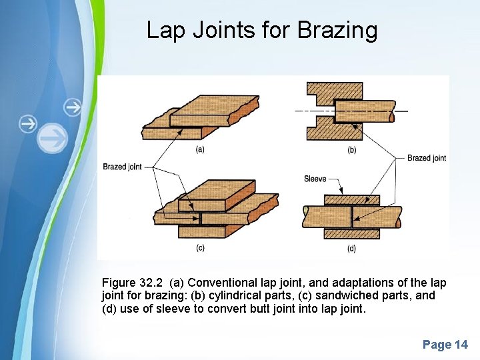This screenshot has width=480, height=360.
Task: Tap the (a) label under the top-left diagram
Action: [x=200, y=149]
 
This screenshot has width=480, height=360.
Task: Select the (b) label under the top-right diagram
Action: [x=352, y=150]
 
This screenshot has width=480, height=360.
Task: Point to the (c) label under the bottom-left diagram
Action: [x=200, y=248]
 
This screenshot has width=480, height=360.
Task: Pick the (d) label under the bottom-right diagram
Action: [x=352, y=249]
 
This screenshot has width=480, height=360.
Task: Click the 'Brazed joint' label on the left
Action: [x=122, y=167]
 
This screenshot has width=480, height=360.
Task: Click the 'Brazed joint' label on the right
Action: [x=426, y=158]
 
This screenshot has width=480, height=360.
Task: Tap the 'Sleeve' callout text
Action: [x=315, y=179]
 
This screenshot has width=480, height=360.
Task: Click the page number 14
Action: [x=461, y=345]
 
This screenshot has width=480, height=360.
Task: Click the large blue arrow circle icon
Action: [x=52, y=139]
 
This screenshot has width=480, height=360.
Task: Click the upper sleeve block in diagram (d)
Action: [x=352, y=199]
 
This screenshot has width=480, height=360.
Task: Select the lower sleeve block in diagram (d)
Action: [x=352, y=234]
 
